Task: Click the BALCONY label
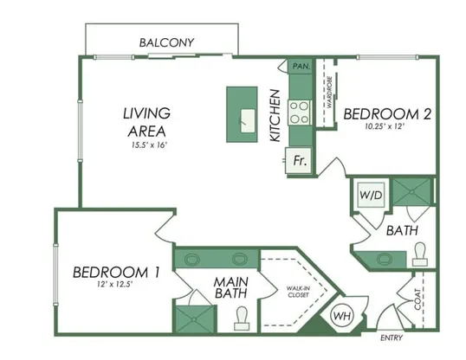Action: [x=166, y=42]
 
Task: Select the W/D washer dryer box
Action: [x=371, y=195]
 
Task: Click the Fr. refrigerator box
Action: [x=298, y=160]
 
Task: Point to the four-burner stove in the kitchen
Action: [x=300, y=112]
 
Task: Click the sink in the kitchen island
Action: [x=248, y=120]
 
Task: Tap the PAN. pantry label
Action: [x=301, y=66]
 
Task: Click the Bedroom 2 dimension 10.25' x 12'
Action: [x=385, y=126]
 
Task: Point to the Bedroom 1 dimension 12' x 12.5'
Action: [x=114, y=284]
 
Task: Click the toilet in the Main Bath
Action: [x=242, y=318]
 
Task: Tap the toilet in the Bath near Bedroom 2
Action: [x=420, y=254]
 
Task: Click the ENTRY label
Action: [x=392, y=337]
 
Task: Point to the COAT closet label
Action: [x=417, y=299]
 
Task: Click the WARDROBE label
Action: [x=329, y=92]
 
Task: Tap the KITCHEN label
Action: [x=275, y=116]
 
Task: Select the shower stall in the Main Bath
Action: [x=194, y=319]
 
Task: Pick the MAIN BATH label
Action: [x=231, y=287]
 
